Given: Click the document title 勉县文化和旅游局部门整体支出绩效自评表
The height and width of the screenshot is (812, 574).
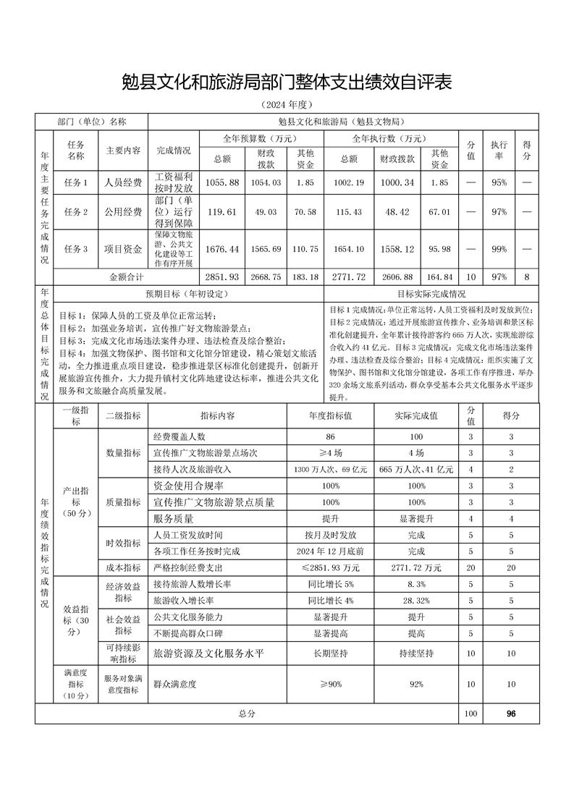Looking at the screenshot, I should point(287,82).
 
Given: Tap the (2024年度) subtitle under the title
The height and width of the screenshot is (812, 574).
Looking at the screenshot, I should point(287,105).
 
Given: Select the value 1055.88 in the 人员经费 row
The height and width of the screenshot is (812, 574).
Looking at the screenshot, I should point(222,182).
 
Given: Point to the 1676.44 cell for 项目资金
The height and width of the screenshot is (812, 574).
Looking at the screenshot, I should point(222,249).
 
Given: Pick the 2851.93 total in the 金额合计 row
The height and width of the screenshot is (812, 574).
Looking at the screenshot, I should point(222,276).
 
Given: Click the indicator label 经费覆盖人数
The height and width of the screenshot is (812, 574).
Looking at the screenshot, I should point(180,436).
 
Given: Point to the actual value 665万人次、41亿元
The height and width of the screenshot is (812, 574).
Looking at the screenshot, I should point(416,469).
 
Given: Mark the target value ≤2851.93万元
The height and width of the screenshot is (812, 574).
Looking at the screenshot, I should point(330,567).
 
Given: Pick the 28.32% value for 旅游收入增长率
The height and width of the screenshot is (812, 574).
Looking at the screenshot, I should point(416,601).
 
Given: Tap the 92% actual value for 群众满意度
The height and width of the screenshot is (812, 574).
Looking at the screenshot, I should point(416,684).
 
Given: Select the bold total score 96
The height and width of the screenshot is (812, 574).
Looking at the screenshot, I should point(511,714).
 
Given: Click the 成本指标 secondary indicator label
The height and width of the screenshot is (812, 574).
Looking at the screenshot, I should point(123,567).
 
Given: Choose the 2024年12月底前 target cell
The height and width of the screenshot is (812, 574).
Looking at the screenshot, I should point(330,551).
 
